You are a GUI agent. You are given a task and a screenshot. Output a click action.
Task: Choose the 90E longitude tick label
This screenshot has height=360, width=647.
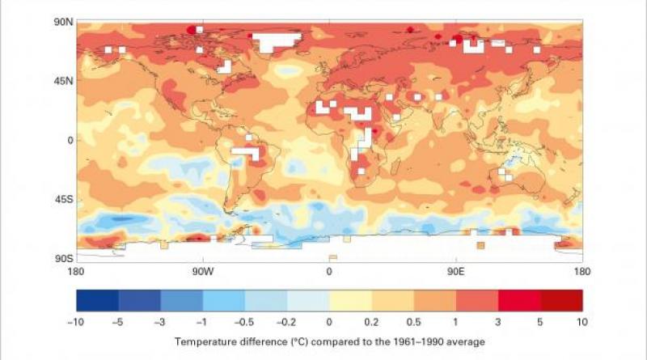pos(456,271)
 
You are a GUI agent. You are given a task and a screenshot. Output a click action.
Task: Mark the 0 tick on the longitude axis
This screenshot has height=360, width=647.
pos(329,271)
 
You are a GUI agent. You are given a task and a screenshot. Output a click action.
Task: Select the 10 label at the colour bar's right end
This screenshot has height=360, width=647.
pos(581,321)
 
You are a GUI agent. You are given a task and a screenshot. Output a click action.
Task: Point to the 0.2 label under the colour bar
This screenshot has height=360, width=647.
pos(371,321)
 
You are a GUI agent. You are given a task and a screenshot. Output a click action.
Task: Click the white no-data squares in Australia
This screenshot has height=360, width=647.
pos(505,173)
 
